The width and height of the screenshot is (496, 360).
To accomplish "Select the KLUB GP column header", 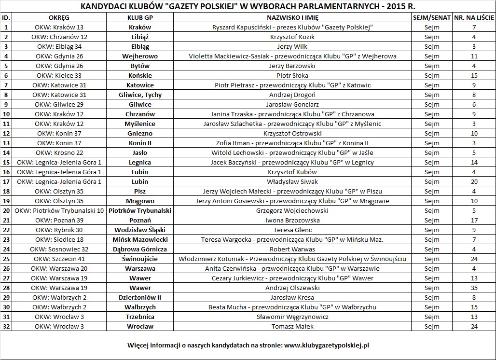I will point(140,17).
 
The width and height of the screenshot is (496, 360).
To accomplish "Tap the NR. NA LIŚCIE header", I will point(474,17).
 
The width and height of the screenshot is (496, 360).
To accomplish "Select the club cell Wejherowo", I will point(140,56).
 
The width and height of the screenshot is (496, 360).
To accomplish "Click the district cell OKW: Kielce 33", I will point(59,75).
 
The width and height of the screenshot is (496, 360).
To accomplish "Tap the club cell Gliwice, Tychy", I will point(140,95).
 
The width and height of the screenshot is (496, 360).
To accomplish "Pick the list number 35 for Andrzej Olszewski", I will point(474,288).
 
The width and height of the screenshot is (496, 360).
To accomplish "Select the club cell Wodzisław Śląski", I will point(140,230).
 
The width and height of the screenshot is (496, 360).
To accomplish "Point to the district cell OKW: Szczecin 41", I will point(59,259).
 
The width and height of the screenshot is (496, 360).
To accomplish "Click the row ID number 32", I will point(6,326).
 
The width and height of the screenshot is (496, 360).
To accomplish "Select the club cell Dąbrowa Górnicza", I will point(140,249).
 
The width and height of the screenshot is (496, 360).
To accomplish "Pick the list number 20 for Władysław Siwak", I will point(474,181).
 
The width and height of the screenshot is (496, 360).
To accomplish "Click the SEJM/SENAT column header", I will point(432,17).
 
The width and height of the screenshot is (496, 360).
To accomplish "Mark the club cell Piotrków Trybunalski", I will point(140,210).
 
